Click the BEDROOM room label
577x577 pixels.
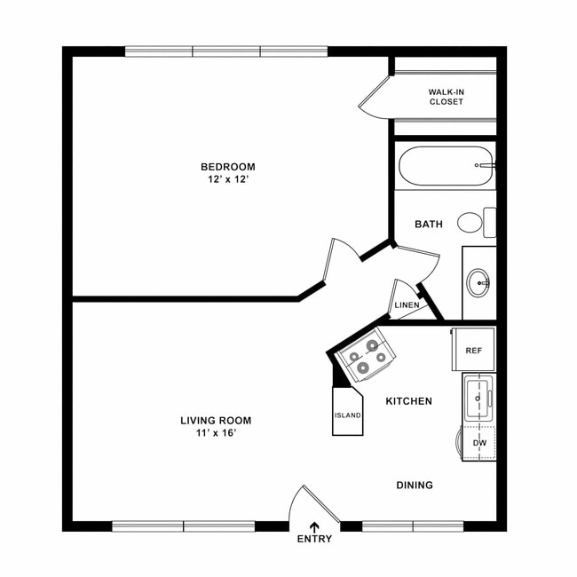pyautogui.click(x=227, y=167)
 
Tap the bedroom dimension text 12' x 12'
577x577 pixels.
pyautogui.click(x=227, y=180)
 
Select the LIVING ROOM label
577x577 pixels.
pyautogui.click(x=216, y=421)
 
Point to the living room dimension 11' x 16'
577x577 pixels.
pyautogui.click(x=216, y=434)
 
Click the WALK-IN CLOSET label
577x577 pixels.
pyautogui.click(x=446, y=96)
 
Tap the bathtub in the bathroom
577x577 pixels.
pyautogui.click(x=445, y=166)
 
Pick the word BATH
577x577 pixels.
pyautogui.click(x=429, y=225)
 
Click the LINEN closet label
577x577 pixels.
pyautogui.click(x=407, y=305)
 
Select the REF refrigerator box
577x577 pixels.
pyautogui.click(x=473, y=351)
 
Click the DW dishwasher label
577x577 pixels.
pyautogui.click(x=479, y=442)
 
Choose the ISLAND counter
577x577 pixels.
pyautogui.click(x=347, y=415)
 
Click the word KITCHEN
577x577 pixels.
pyautogui.click(x=408, y=401)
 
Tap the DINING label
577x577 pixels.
pyautogui.click(x=415, y=486)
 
